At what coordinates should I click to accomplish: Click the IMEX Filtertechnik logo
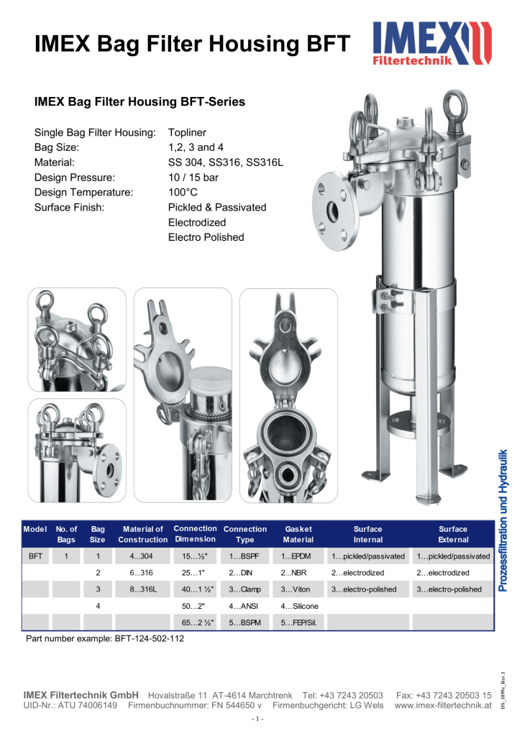pos(432,44)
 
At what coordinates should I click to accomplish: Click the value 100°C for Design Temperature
pos(183,192)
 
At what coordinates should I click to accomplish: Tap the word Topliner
pos(188,132)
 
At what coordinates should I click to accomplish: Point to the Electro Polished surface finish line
pos(206,237)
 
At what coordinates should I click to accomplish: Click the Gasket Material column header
pos(298,534)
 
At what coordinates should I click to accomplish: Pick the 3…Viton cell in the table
pos(294,589)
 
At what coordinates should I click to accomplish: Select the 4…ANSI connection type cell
pos(244,606)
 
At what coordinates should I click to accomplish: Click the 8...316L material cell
pos(142,589)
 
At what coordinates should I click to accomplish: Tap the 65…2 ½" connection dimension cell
pos(195,622)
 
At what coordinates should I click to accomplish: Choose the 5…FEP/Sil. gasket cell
pos(298,622)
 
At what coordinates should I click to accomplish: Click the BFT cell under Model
pos(35,556)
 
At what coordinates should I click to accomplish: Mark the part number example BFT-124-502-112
pos(104,638)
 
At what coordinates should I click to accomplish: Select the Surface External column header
pos(453,534)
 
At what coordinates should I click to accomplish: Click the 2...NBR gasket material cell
pos(294,573)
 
